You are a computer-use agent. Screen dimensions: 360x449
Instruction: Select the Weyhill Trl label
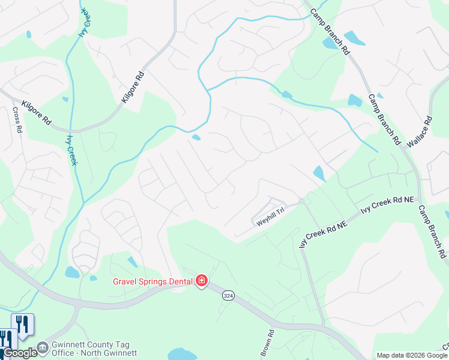pyautogui.click(x=270, y=221)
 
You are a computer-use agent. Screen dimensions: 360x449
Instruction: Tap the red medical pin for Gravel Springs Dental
pyautogui.click(x=202, y=281)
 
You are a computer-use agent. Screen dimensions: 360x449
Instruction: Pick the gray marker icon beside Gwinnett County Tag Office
pyautogui.click(x=42, y=347)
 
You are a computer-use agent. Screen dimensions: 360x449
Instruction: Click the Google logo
pyautogui.click(x=19, y=353)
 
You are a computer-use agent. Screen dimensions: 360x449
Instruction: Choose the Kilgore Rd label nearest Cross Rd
pyautogui.click(x=36, y=112)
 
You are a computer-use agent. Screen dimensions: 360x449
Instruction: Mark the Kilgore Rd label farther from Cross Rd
pyautogui.click(x=133, y=88)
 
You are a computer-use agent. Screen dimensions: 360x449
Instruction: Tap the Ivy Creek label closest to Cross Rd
pyautogui.click(x=72, y=149)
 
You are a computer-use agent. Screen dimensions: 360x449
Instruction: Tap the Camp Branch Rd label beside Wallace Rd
pyautogui.click(x=384, y=120)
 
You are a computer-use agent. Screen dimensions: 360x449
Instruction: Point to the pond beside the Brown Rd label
pyautogui.click(x=183, y=354)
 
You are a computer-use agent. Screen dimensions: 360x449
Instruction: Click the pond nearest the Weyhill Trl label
pyautogui.click(x=319, y=173)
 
